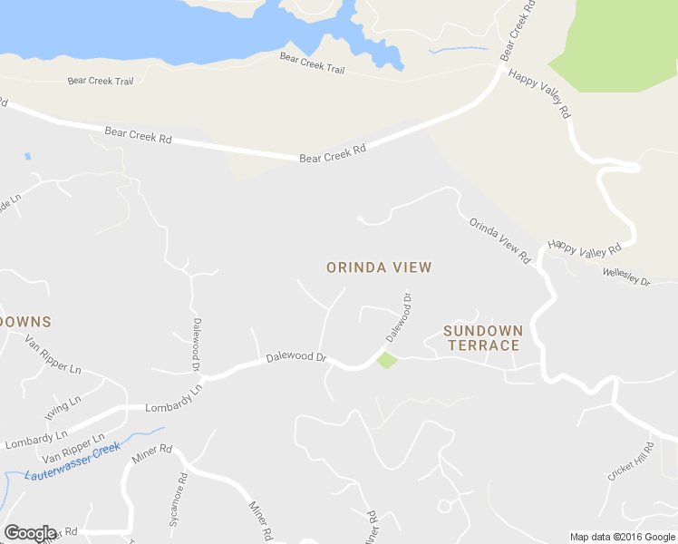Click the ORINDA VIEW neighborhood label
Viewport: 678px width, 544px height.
(379, 267)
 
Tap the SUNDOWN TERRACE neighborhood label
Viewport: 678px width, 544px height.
(482, 338)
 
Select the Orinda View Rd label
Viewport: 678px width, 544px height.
(499, 240)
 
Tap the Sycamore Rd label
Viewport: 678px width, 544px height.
(177, 500)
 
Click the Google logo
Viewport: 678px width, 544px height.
(29, 533)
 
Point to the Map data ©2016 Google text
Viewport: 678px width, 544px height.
(622, 537)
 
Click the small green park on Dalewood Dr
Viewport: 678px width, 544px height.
(387, 360)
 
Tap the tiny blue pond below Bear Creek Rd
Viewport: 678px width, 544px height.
(27, 157)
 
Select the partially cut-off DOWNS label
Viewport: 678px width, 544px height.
(25, 322)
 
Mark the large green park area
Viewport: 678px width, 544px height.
(616, 45)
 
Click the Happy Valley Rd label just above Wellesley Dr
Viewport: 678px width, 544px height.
(585, 247)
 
